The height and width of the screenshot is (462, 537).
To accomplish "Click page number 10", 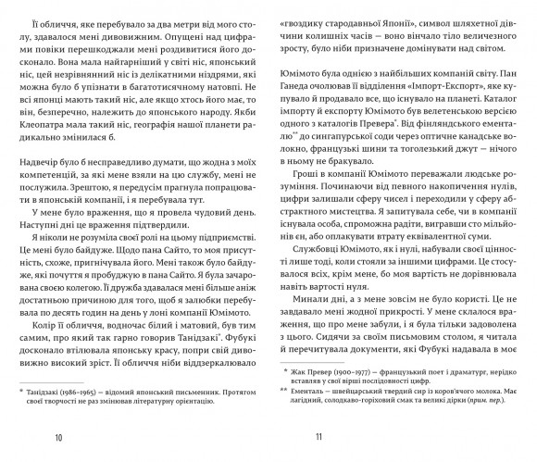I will point(59,436).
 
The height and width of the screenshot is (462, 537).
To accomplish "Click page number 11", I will point(317,436).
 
